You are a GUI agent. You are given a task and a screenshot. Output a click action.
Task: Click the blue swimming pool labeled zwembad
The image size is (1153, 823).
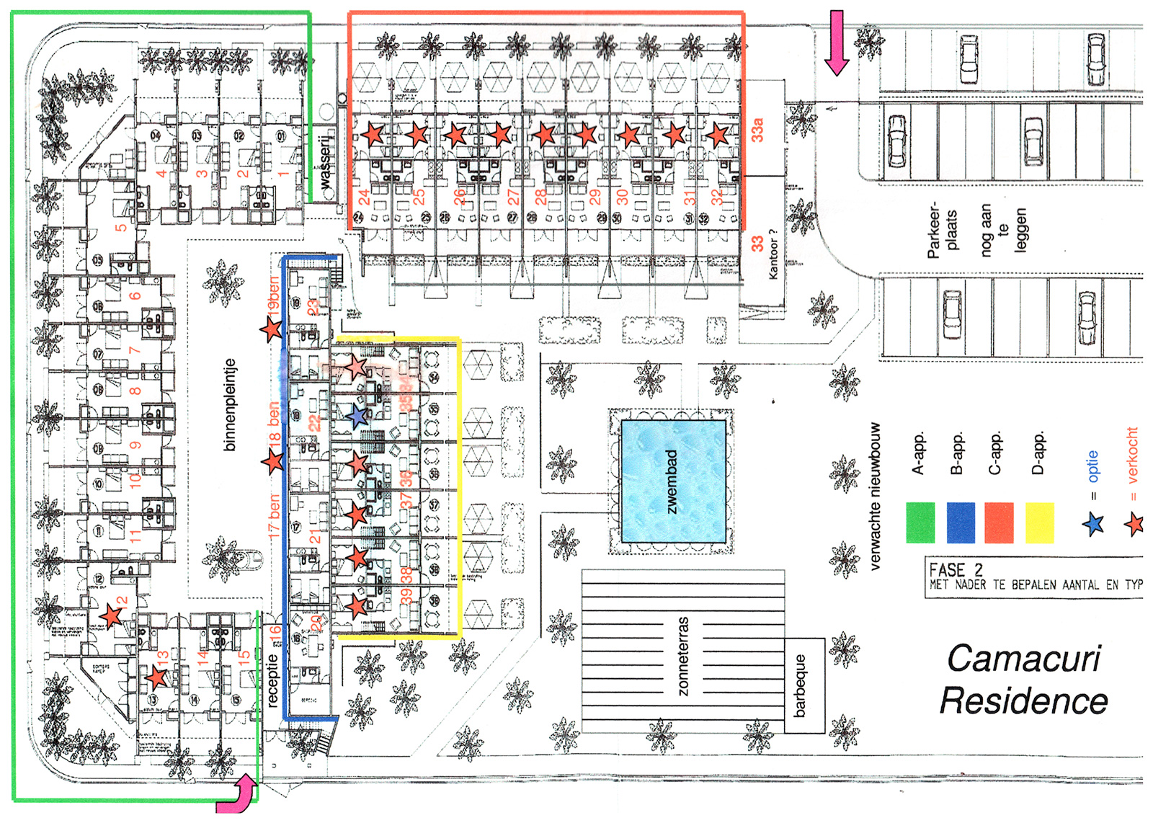(x=673, y=481)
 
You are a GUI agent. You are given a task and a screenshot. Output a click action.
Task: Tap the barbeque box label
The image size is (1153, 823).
(x=800, y=685)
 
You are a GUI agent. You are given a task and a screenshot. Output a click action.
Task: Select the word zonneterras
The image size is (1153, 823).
(x=683, y=656)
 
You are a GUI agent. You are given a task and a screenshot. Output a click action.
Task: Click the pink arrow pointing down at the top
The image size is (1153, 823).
(x=837, y=43)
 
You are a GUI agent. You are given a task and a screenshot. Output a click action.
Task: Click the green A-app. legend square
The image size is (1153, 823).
(x=920, y=522)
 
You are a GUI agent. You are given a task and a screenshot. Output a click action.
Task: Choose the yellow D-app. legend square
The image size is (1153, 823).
(x=1039, y=522)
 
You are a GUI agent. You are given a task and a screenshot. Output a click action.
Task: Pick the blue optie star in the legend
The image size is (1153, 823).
(x=1093, y=524)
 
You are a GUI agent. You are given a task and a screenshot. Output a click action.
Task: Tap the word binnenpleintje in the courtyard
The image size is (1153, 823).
(x=230, y=405)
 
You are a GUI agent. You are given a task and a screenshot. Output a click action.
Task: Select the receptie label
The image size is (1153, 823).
(x=272, y=680)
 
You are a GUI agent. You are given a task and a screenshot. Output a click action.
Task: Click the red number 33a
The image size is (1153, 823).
(x=757, y=130)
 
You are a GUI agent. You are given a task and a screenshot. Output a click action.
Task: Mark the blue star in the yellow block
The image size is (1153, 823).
(x=357, y=416)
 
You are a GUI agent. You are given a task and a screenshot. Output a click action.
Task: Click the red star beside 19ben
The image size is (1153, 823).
(x=271, y=329)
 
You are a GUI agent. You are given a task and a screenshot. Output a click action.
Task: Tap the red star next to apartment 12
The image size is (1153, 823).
(x=111, y=616)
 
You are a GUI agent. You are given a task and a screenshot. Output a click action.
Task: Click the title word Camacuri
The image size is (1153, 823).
(x=1023, y=659)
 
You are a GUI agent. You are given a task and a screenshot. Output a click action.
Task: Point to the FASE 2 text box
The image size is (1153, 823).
(x=1034, y=577)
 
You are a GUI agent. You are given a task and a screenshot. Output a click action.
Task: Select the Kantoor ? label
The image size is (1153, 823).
(x=773, y=254)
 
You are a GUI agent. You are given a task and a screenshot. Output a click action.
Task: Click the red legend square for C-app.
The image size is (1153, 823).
(x=999, y=522)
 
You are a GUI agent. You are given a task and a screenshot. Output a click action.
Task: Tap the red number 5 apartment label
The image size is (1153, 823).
(x=121, y=227)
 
